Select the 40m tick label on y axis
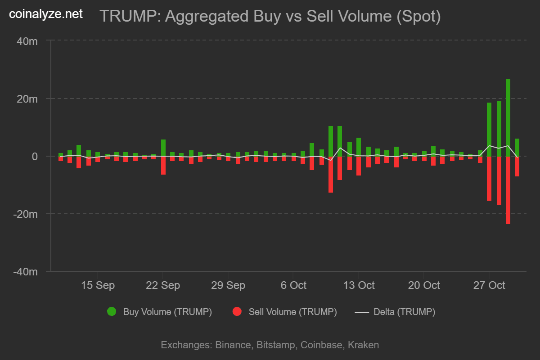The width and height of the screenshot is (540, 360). click(x=27, y=41)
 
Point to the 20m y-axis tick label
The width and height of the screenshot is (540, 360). click(x=27, y=99)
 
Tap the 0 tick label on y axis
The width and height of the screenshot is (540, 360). click(x=34, y=156)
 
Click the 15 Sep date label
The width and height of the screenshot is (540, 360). click(x=98, y=285)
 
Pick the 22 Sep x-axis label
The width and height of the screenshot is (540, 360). click(x=163, y=285)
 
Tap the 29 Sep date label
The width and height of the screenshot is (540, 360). click(x=228, y=285)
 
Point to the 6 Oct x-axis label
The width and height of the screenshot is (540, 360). click(x=293, y=285)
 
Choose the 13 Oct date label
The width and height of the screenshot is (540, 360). click(x=359, y=285)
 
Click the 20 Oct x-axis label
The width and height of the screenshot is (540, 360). click(x=424, y=285)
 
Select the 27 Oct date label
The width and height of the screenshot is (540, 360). click(x=489, y=285)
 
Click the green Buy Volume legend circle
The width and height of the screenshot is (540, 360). click(x=112, y=311)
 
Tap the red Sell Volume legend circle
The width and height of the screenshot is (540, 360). click(x=237, y=311)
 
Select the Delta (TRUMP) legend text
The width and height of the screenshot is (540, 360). click(x=404, y=312)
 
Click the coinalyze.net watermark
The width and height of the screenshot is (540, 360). click(x=46, y=14)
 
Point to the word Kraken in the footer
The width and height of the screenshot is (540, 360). click(x=363, y=345)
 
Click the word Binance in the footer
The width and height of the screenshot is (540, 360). click(x=233, y=345)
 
